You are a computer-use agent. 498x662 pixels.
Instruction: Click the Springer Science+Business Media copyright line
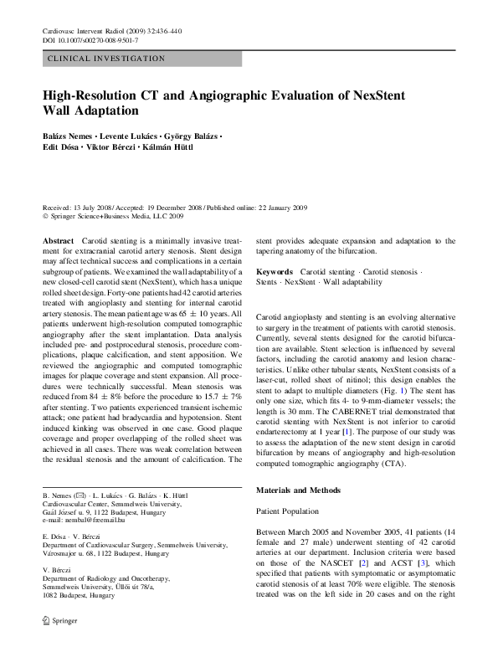(x=115, y=216)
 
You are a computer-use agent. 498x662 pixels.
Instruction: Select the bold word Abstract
(x=58, y=241)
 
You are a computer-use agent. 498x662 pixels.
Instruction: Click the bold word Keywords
(x=275, y=272)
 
